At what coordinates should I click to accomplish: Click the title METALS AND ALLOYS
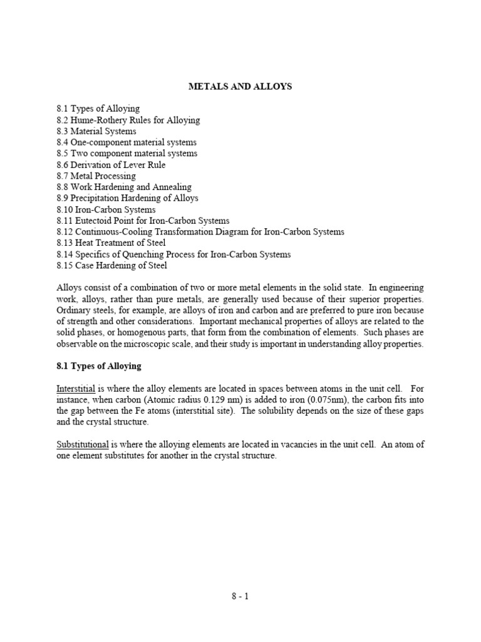[x=240, y=87]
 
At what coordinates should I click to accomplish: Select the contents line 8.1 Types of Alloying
[x=98, y=108]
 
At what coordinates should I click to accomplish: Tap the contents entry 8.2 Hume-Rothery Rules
[x=128, y=120]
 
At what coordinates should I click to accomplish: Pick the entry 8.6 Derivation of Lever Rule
[x=111, y=165]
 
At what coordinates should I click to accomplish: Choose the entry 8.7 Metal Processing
[x=96, y=176]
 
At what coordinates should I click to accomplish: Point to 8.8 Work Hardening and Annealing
[x=124, y=187]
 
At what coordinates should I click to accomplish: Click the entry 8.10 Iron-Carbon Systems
[x=106, y=209]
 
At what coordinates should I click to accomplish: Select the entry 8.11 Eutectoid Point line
[x=143, y=221]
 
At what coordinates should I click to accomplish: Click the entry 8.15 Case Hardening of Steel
[x=112, y=265]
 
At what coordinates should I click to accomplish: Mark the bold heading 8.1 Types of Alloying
[x=99, y=366]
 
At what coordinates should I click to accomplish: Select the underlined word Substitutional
[x=83, y=445]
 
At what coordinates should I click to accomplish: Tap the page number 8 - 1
[x=240, y=596]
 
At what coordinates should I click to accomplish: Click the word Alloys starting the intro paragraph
[x=68, y=288]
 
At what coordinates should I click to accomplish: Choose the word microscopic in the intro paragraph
[x=157, y=344]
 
